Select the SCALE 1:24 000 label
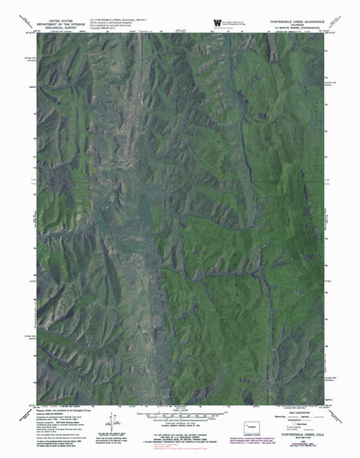coord(181,410)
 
